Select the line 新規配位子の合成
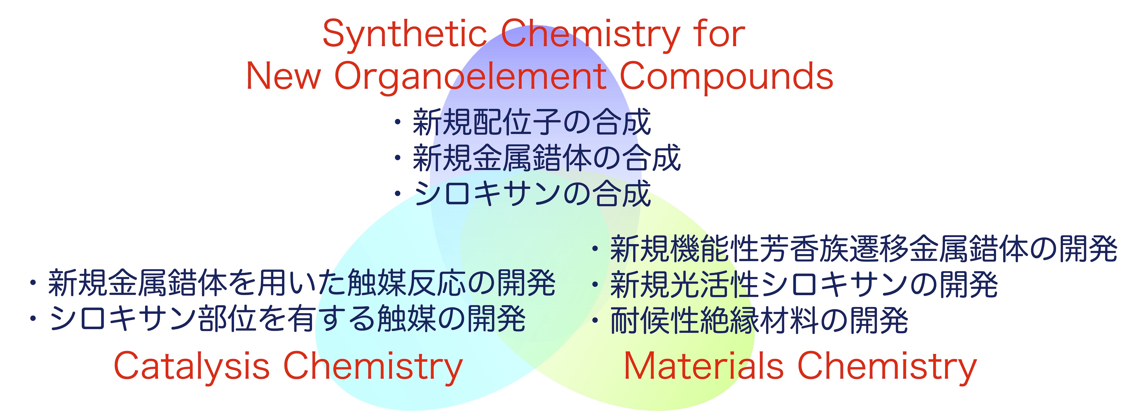click(532, 122)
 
